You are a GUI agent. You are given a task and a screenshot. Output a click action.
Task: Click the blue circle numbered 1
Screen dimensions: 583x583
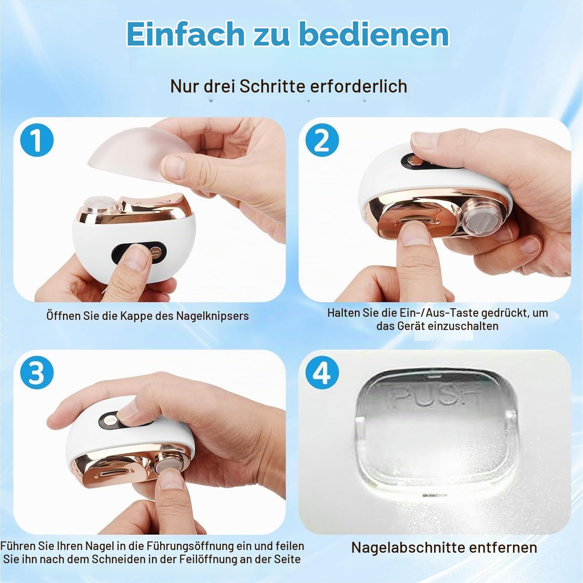coord(37,140)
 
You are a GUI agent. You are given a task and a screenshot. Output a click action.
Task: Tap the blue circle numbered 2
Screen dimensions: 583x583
coord(322,140)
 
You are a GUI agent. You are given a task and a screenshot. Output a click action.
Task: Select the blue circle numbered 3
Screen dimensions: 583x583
coord(37,372)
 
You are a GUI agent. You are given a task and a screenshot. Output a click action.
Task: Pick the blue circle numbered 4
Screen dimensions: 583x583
coord(322,372)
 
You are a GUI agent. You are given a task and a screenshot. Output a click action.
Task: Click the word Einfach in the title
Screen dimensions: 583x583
coord(185,34)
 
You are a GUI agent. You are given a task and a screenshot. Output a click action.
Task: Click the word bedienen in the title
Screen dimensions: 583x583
coord(375,34)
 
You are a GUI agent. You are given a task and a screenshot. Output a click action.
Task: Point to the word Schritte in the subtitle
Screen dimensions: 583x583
coord(272,86)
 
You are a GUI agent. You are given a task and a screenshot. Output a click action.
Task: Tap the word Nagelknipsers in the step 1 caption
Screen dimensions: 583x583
coord(212,316)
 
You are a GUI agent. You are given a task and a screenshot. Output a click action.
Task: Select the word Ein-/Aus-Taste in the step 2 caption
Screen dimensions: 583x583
coord(439,313)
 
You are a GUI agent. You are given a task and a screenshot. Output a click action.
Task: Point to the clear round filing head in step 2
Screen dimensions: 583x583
coord(481,217)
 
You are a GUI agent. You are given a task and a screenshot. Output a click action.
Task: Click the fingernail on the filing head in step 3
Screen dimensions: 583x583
coord(171,479)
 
